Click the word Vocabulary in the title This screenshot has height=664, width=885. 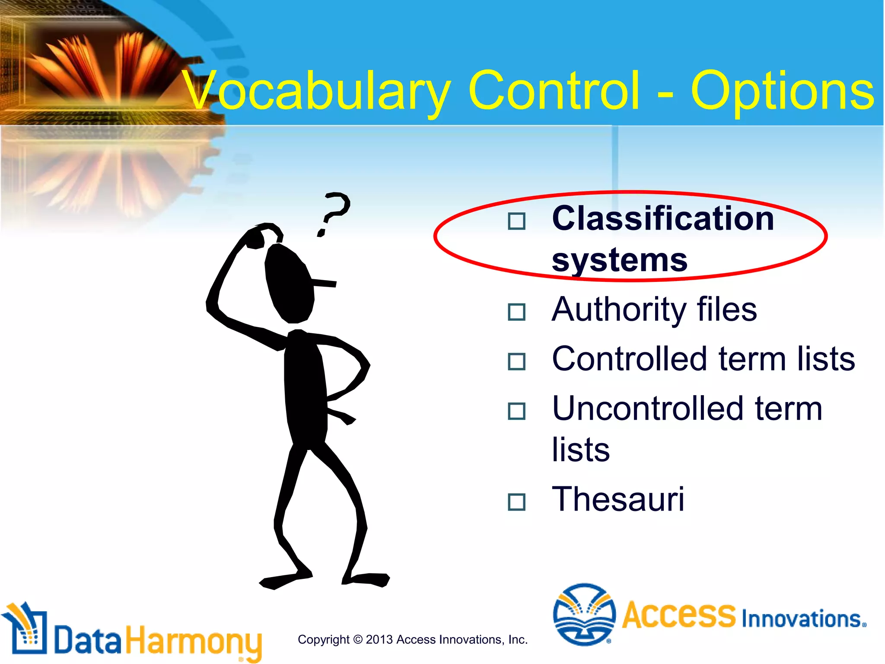315,92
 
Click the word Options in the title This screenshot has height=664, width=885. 782,92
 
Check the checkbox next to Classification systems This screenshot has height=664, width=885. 516,221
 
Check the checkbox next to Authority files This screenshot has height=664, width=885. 516,312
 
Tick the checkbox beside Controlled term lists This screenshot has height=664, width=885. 516,361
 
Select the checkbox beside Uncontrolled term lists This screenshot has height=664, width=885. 516,411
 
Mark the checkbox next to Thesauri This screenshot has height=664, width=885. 516,502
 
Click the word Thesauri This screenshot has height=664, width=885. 618,500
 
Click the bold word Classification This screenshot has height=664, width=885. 663,219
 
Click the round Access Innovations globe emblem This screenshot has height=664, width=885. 584,614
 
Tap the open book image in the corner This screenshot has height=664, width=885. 99,65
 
